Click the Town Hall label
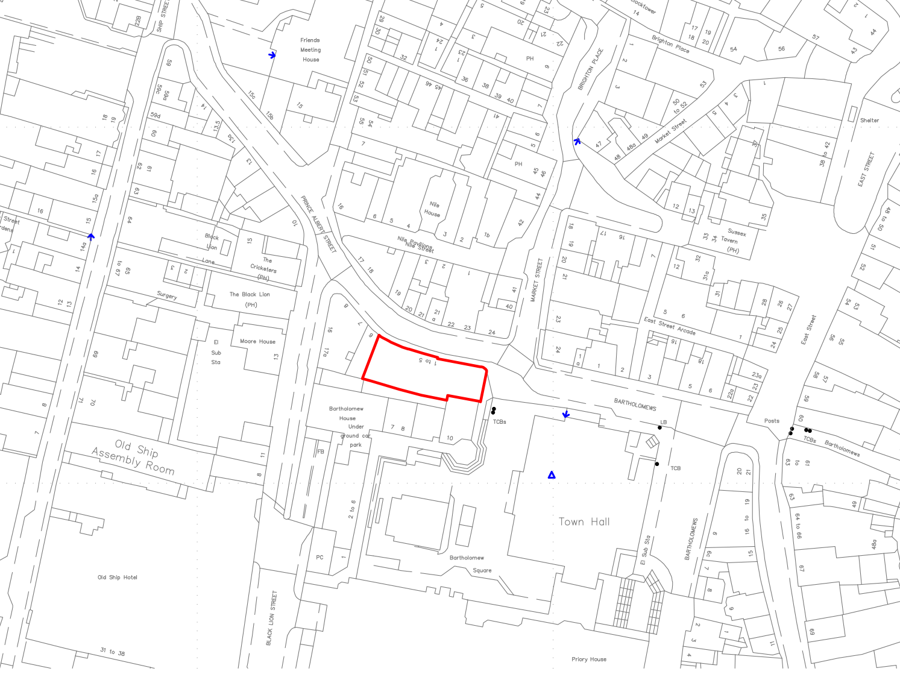tap(584, 522)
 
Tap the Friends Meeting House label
tap(310, 50)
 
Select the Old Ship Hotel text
tap(118, 578)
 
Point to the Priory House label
tap(589, 660)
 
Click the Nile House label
tap(433, 209)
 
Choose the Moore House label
tap(257, 341)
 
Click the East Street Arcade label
tap(669, 326)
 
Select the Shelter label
tap(869, 121)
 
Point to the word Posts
tap(772, 421)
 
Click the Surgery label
tap(167, 295)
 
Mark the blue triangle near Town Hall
tap(552, 476)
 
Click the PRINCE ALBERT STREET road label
tap(318, 224)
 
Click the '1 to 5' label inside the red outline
tap(428, 361)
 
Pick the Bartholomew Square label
tap(473, 564)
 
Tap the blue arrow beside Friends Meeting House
tap(272, 55)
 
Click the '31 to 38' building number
tap(113, 652)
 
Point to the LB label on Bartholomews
tap(664, 423)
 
